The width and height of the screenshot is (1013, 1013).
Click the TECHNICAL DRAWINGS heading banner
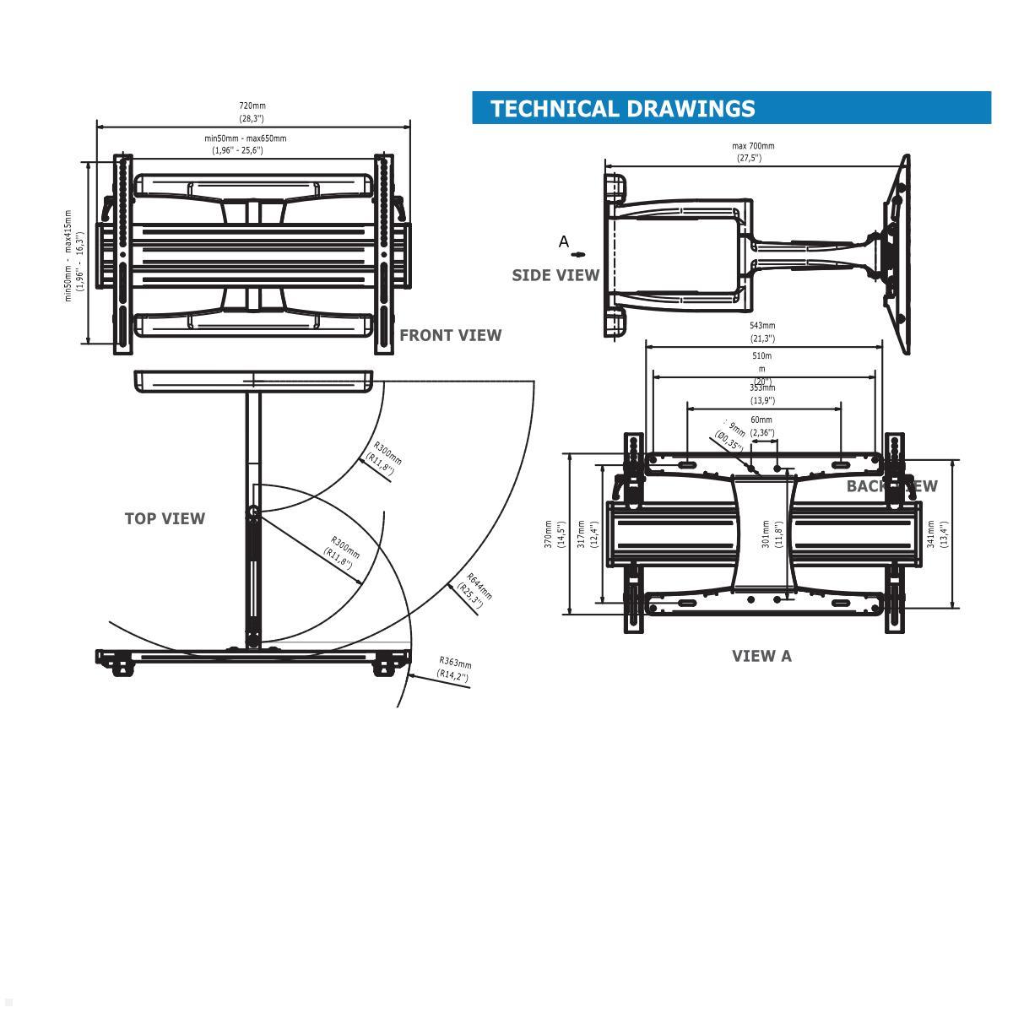[731, 108]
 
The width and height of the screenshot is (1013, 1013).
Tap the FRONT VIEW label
[450, 335]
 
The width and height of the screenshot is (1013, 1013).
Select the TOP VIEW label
[165, 518]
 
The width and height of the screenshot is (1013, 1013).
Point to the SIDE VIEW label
[555, 275]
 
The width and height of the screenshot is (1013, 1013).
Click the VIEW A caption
[761, 656]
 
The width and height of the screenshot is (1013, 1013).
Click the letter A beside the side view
[564, 241]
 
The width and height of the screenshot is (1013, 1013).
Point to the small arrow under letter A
[578, 254]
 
